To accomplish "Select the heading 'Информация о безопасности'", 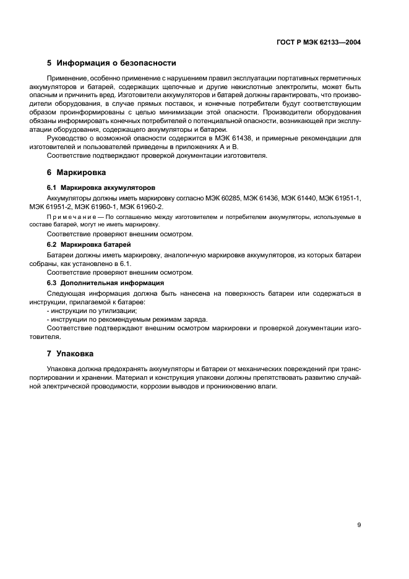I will [116, 63].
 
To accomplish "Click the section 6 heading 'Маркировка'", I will [81, 172].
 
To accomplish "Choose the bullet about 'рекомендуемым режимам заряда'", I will [127, 319].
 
